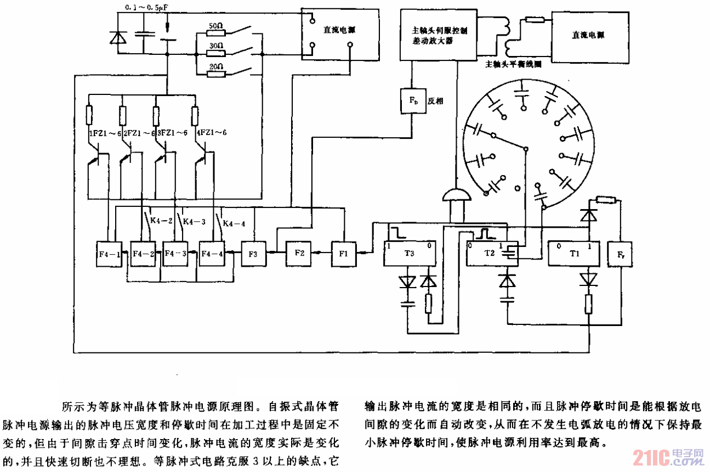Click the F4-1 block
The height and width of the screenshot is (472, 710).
[107, 255]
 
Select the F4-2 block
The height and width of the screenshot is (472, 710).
[143, 255]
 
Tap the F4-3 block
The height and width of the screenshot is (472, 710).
[177, 255]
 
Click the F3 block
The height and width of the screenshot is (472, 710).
[253, 255]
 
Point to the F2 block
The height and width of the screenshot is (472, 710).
[299, 253]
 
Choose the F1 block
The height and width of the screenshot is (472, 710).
[343, 253]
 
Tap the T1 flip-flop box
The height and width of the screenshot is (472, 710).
[574, 254]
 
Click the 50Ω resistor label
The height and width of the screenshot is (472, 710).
[216, 26]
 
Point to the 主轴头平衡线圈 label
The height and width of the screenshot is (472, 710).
[514, 64]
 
